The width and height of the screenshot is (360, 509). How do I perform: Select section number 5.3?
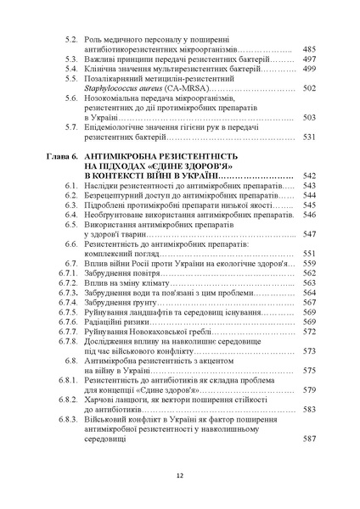[x=72, y=61]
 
